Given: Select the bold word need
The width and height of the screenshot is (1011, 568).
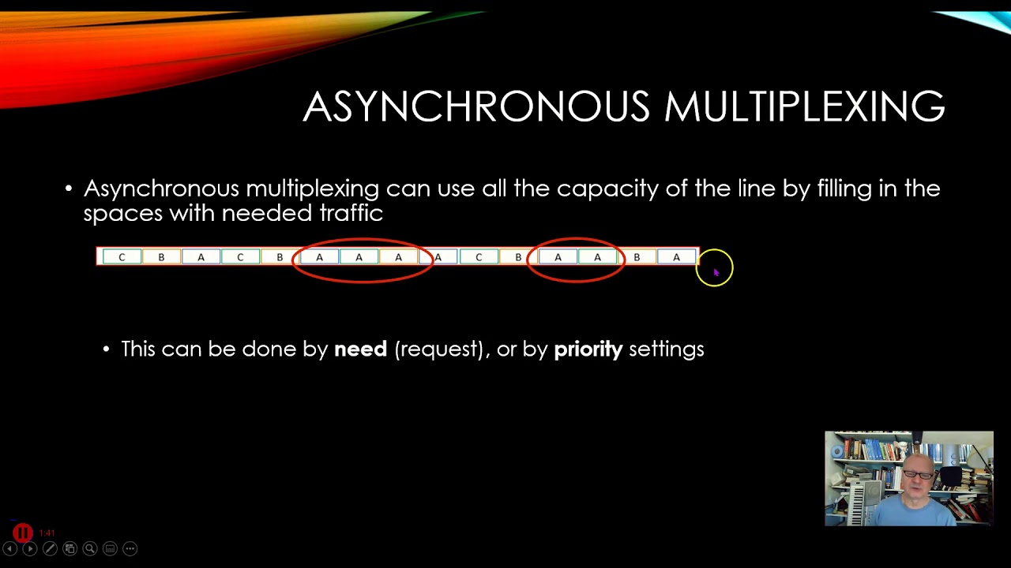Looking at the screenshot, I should pos(360,349).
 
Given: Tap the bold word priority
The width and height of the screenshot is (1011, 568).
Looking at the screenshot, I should pos(588,349).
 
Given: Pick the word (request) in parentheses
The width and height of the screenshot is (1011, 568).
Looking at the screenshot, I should pos(438,349).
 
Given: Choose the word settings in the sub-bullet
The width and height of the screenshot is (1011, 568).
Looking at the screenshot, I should pos(666,349).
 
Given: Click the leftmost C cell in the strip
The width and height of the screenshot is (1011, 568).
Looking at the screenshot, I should pos(122,257).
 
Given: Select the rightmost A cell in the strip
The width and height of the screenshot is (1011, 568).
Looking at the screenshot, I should pos(676,257).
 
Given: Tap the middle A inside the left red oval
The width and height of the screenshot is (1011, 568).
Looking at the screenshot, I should pos(359,257).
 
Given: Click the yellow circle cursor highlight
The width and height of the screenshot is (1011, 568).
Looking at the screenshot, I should pos(715,268).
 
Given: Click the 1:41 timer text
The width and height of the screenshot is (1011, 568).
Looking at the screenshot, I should pos(47,533).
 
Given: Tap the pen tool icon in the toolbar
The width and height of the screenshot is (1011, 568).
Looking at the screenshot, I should pos(50,548).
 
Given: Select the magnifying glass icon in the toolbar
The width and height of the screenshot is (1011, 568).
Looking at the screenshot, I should pos(90,548).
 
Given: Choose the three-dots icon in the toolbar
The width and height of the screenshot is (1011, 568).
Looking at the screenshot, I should pos(130,548).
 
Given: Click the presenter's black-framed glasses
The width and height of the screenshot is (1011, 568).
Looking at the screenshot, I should pos(918,474).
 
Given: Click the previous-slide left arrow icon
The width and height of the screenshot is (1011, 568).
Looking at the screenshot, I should pos(10,548).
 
